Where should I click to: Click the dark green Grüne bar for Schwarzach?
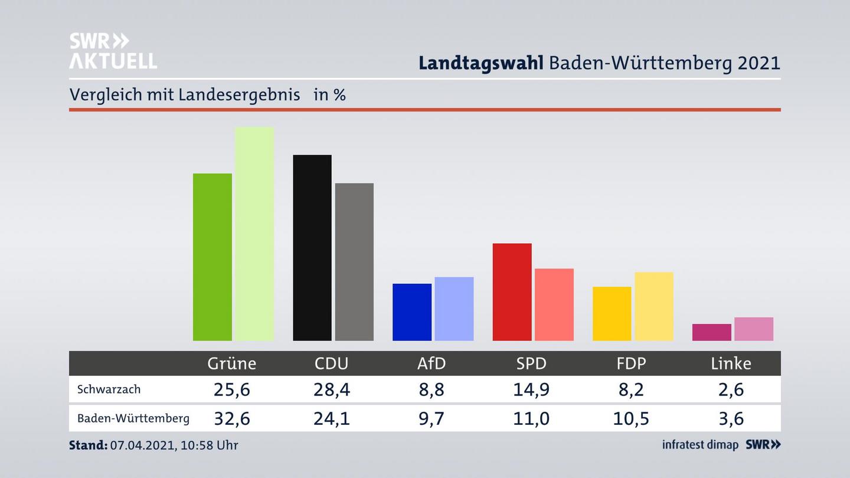tap(212, 257)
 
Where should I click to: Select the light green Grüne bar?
tap(254, 234)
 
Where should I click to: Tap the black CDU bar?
tap(312, 247)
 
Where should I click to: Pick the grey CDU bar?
tap(354, 261)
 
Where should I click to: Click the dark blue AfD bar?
tap(412, 312)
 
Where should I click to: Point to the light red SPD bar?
tap(554, 305)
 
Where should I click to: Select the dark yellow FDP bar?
tap(612, 313)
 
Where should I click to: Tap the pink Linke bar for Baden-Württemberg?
tap(754, 329)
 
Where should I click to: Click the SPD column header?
tap(531, 364)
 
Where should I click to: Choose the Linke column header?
tap(731, 364)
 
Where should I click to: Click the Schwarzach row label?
tap(109, 389)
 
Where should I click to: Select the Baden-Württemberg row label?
tap(133, 418)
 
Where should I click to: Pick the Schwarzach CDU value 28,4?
tap(332, 389)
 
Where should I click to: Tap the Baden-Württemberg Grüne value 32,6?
tap(232, 418)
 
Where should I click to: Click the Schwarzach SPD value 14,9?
tap(531, 389)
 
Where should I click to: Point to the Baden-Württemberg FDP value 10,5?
tap(631, 418)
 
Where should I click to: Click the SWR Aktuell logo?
tap(113, 51)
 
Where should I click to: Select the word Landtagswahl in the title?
tap(480, 63)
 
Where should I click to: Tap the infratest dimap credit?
tap(700, 445)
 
